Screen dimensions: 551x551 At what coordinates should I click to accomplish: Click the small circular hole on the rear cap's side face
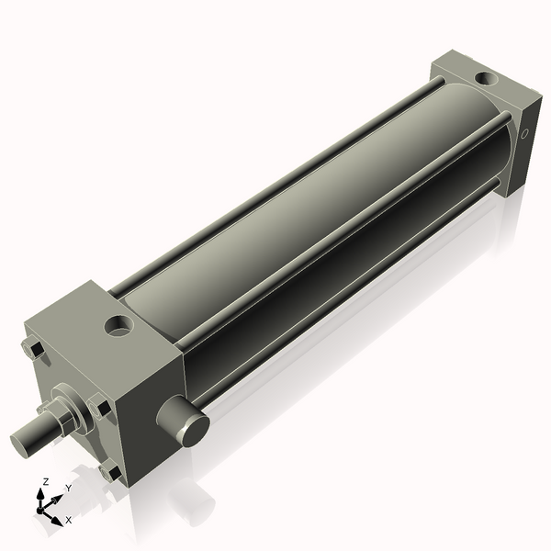(x=525, y=134)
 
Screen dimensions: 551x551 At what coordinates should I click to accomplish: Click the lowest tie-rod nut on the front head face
(x=111, y=472)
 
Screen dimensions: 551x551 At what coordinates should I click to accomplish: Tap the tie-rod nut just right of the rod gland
(x=99, y=405)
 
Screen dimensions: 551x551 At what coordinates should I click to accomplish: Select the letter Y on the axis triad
(x=68, y=489)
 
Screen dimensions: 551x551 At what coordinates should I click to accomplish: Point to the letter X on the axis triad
(x=68, y=520)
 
